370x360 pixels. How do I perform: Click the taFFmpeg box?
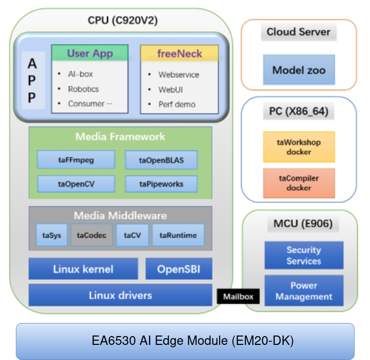pyautogui.click(x=76, y=160)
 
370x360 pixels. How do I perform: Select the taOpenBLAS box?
pyautogui.click(x=161, y=160)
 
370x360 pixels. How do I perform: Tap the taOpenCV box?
pyautogui.click(x=76, y=183)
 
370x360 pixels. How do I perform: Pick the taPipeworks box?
pyautogui.click(x=161, y=183)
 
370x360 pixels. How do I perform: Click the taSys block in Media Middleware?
pyautogui.click(x=52, y=235)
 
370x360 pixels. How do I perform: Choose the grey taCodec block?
pyautogui.click(x=92, y=235)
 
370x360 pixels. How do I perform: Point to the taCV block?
pyautogui.click(x=132, y=235)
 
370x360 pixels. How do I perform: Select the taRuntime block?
pyautogui.click(x=178, y=235)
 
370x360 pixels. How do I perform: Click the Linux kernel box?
pyautogui.click(x=83, y=269)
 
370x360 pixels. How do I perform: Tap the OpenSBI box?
pyautogui.click(x=178, y=269)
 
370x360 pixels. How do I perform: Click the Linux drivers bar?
pyautogui.click(x=120, y=295)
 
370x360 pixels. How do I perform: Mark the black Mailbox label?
pyautogui.click(x=238, y=297)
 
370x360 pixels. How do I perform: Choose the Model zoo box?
pyautogui.click(x=299, y=70)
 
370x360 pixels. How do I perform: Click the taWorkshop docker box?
pyautogui.click(x=299, y=147)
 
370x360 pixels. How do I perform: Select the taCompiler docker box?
pyautogui.click(x=299, y=183)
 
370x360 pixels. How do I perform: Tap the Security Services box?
pyautogui.click(x=304, y=255)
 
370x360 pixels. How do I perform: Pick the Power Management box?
pyautogui.click(x=304, y=291)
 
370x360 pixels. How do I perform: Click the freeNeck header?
pyautogui.click(x=180, y=54)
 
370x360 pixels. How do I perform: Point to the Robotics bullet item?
pyautogui.click(x=83, y=89)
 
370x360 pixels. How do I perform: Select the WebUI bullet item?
pyautogui.click(x=171, y=90)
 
